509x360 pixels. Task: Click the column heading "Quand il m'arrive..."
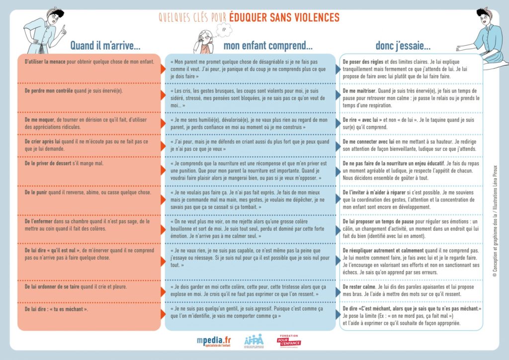coord(105,46)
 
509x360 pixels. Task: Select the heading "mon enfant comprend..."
coord(267,46)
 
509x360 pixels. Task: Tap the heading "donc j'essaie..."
coord(403,46)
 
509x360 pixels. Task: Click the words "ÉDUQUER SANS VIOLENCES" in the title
coord(284,18)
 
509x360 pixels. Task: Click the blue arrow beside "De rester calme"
coord(338,287)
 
